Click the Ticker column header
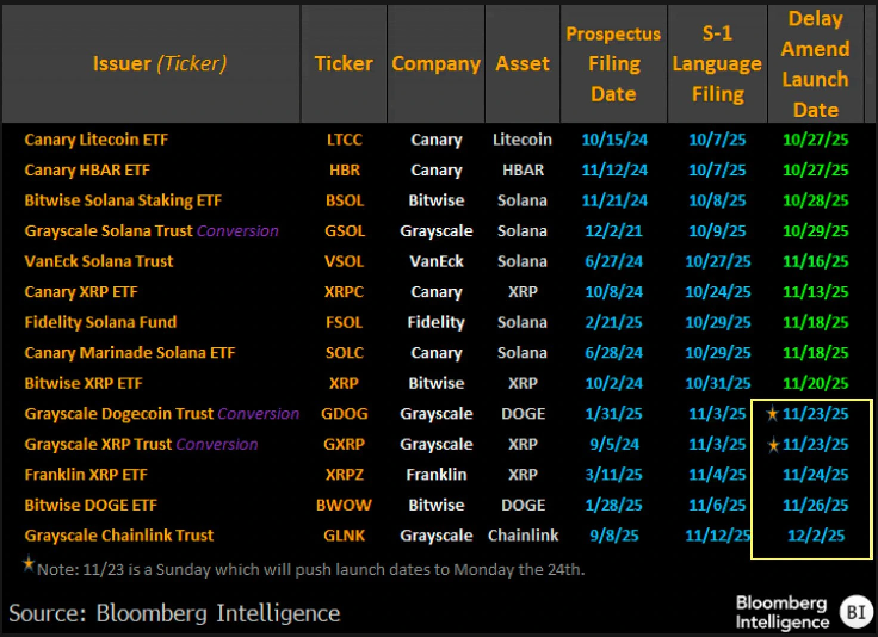[x=344, y=64]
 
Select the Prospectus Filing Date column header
[x=613, y=64]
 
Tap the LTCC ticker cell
[x=344, y=140]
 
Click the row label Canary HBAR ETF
[x=87, y=170]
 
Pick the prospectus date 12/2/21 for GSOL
[x=614, y=231]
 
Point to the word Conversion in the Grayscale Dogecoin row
[x=258, y=413]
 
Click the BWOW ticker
[x=344, y=505]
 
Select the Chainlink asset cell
[x=523, y=536]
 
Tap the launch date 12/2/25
[x=815, y=536]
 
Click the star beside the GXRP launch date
[x=773, y=445]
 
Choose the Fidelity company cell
[x=436, y=323]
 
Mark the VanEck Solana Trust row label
[x=98, y=261]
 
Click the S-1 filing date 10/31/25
[x=718, y=384]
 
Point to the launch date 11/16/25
[x=815, y=261]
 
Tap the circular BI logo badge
[x=856, y=612]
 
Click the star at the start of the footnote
[x=28, y=564]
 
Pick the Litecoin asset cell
[x=522, y=140]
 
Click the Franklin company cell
[x=436, y=475]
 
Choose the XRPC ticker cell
[x=344, y=292]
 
